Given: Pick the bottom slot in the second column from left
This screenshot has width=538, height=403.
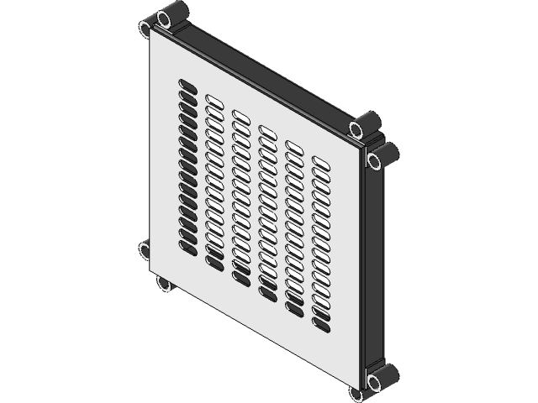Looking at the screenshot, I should click(214, 264).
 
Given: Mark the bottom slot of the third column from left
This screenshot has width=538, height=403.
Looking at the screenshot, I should click(240, 278).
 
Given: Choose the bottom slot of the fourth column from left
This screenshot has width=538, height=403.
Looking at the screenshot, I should click(267, 294).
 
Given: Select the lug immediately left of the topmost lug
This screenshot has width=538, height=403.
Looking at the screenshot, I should click(146, 29).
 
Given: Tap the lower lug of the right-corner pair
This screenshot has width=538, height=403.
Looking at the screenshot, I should click(382, 157).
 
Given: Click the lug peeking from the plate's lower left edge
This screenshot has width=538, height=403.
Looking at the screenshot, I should click(144, 249).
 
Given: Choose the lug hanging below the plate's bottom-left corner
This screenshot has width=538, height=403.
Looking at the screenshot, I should click(165, 284).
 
